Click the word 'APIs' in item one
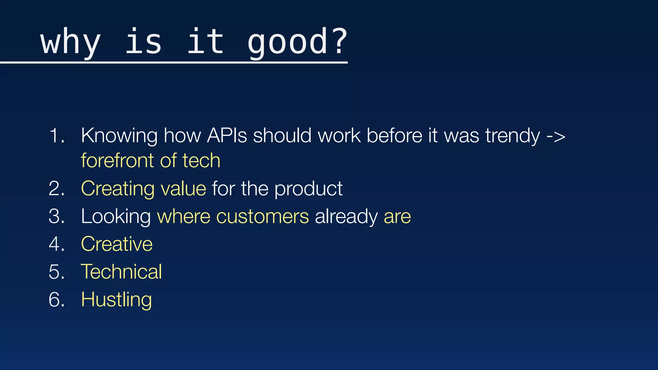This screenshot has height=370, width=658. tap(227, 136)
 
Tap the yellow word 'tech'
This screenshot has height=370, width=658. tap(201, 160)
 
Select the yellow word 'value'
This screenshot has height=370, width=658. tap(183, 189)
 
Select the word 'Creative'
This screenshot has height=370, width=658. tap(117, 244)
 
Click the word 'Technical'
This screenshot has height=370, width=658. tap(121, 272)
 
